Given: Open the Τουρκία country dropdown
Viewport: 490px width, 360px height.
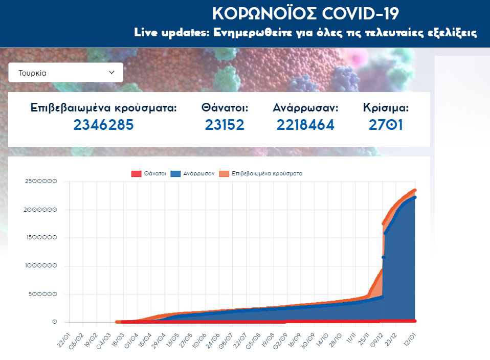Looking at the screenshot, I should pyautogui.click(x=65, y=73).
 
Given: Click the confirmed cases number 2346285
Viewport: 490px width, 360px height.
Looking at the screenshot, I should pyautogui.click(x=103, y=125).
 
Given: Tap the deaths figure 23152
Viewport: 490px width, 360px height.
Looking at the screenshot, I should pyautogui.click(x=225, y=125).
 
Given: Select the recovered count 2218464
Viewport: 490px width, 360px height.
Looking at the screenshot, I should pyautogui.click(x=305, y=125).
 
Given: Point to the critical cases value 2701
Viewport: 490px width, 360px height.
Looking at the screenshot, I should pyautogui.click(x=386, y=125).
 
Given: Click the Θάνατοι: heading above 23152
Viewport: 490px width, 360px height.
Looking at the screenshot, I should pyautogui.click(x=225, y=108).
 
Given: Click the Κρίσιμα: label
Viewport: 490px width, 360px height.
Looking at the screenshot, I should pyautogui.click(x=386, y=108).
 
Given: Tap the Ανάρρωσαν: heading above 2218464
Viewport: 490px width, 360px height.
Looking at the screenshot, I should pyautogui.click(x=306, y=108).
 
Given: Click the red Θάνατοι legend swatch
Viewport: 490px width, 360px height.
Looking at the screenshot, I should pyautogui.click(x=136, y=174).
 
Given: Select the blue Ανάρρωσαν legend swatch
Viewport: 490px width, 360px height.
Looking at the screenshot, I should pyautogui.click(x=175, y=174).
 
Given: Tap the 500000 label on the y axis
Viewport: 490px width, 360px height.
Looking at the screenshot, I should pyautogui.click(x=45, y=294).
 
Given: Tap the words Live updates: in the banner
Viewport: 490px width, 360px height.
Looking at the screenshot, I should pyautogui.click(x=163, y=33).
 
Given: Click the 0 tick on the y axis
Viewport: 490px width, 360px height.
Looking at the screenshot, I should pyautogui.click(x=54, y=322).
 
